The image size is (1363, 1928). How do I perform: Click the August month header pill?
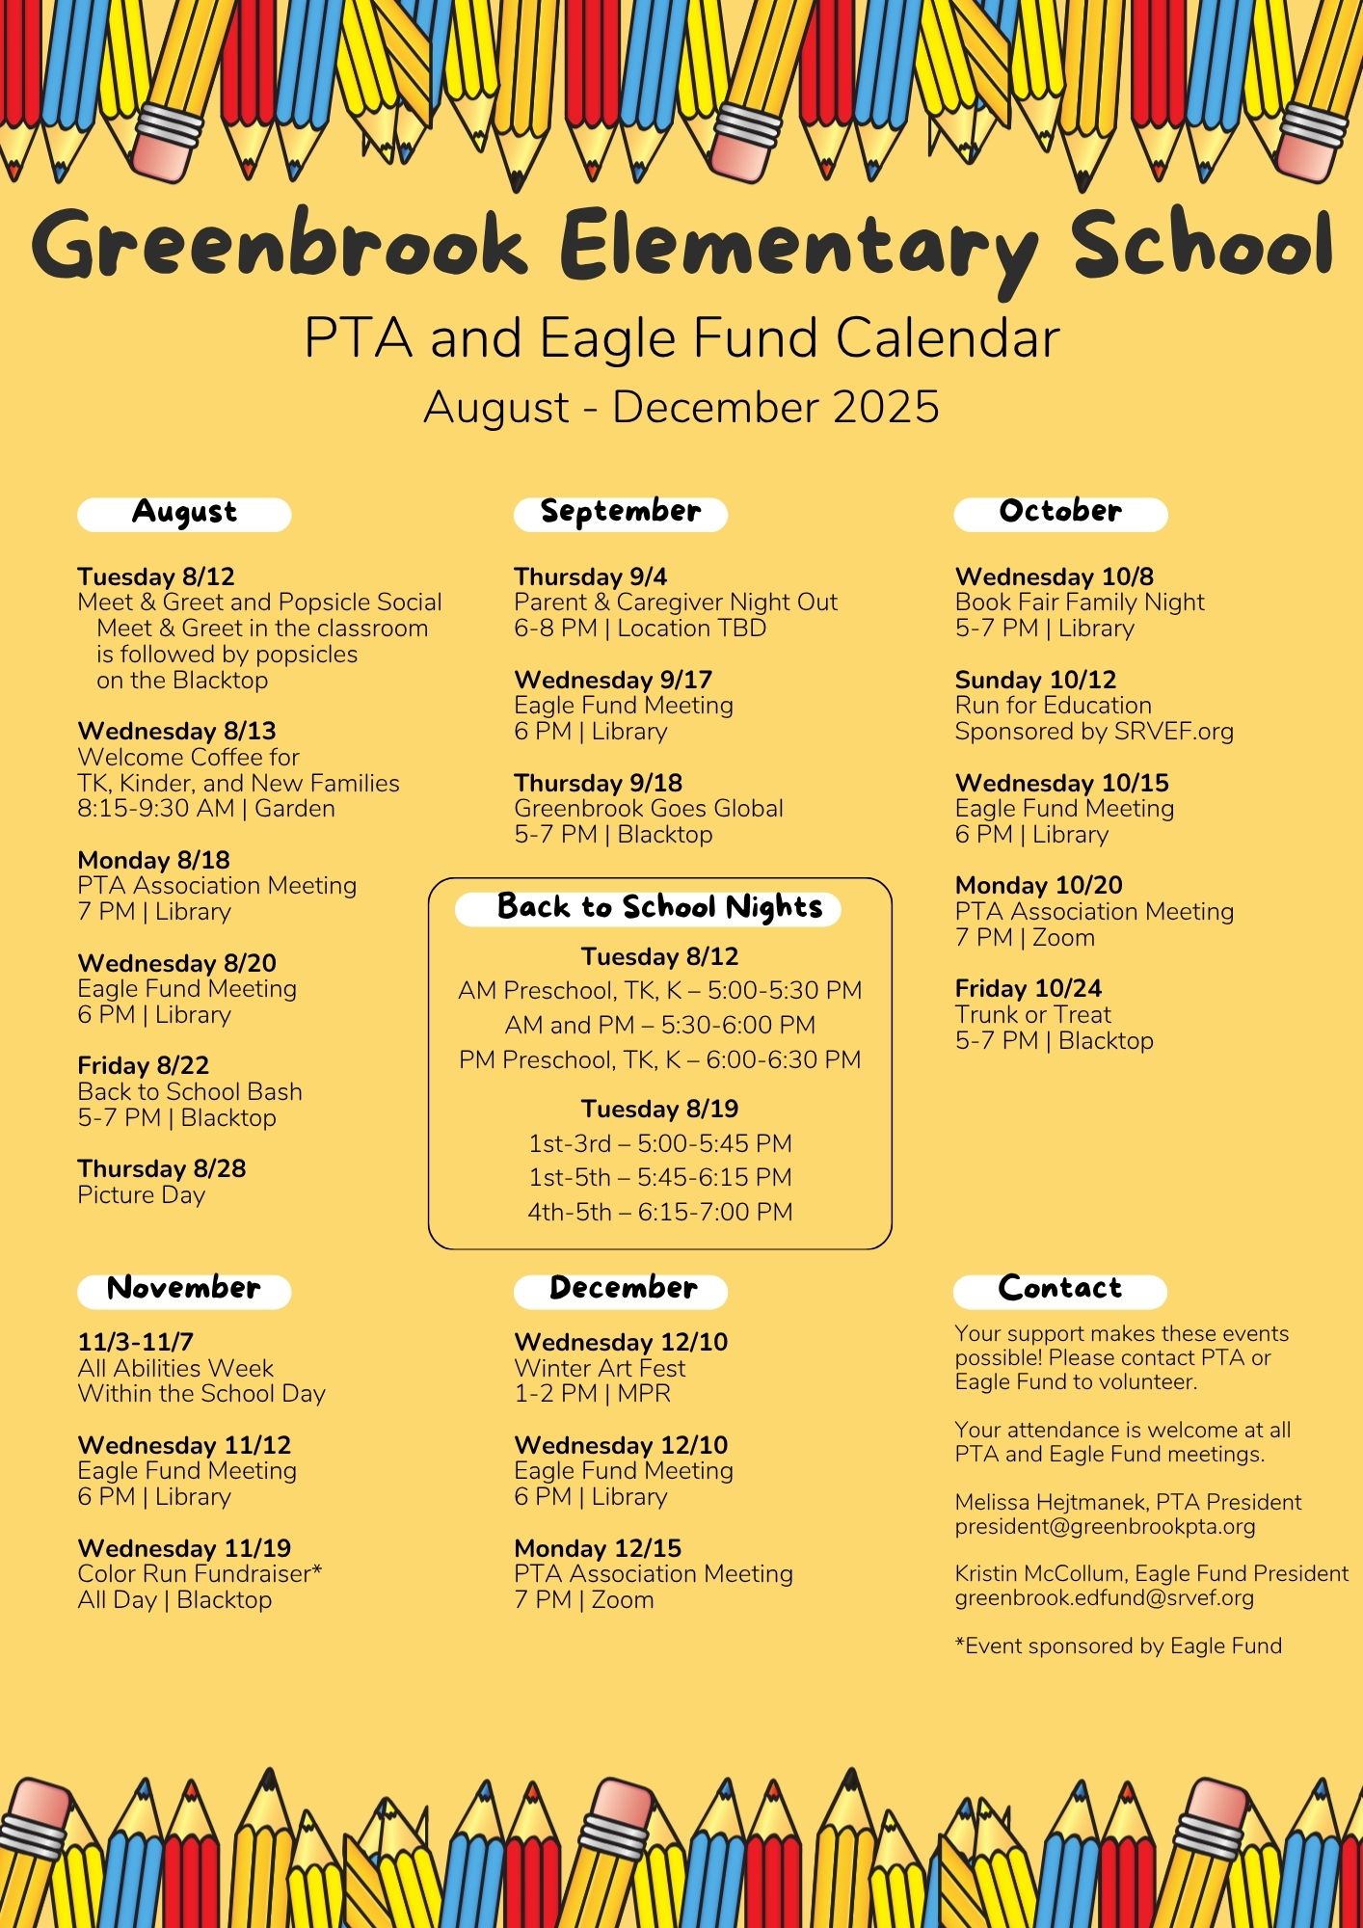184,513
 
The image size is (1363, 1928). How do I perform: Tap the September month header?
621,513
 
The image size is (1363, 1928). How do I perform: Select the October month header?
1060,513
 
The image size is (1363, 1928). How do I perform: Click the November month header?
184,1290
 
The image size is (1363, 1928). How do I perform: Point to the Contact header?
1060,1290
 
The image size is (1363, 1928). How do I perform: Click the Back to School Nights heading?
659,908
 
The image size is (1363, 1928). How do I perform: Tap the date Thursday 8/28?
162,1169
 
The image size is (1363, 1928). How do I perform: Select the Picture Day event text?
142,1195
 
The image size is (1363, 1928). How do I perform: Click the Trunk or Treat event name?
1033,1015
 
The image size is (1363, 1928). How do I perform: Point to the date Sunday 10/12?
1035,680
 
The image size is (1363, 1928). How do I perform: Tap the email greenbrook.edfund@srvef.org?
1105,1598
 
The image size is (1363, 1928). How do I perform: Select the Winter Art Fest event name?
600,1368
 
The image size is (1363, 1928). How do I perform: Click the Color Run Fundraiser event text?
200,1574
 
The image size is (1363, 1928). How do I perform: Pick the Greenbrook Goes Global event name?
649,809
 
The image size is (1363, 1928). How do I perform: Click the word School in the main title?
1202,246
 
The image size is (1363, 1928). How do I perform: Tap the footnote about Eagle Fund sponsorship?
1118,1647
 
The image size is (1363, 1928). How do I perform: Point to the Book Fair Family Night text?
1080,602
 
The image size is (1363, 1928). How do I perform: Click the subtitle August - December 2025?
681,408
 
